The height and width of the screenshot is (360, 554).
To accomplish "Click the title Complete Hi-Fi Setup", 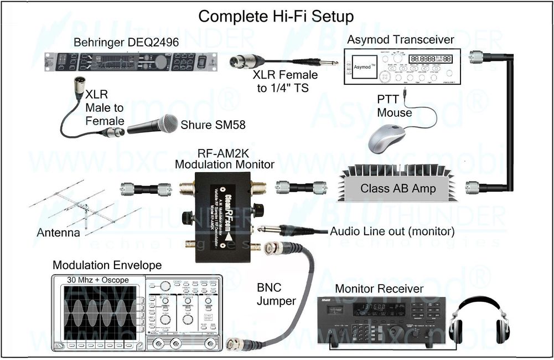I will click(276, 16).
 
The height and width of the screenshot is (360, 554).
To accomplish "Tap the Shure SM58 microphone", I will click(152, 125).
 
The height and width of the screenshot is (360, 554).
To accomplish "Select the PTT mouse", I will click(387, 138).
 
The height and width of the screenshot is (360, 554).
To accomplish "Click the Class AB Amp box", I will click(397, 188).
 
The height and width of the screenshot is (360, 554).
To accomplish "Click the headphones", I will click(479, 320).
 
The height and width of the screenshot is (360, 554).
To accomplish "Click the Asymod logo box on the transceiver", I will click(364, 66).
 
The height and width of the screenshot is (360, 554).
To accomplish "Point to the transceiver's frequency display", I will click(429, 59).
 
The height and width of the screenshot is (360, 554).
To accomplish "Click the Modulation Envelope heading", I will click(107, 265).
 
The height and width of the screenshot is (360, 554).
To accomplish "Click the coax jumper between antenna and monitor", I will click(146, 189).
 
